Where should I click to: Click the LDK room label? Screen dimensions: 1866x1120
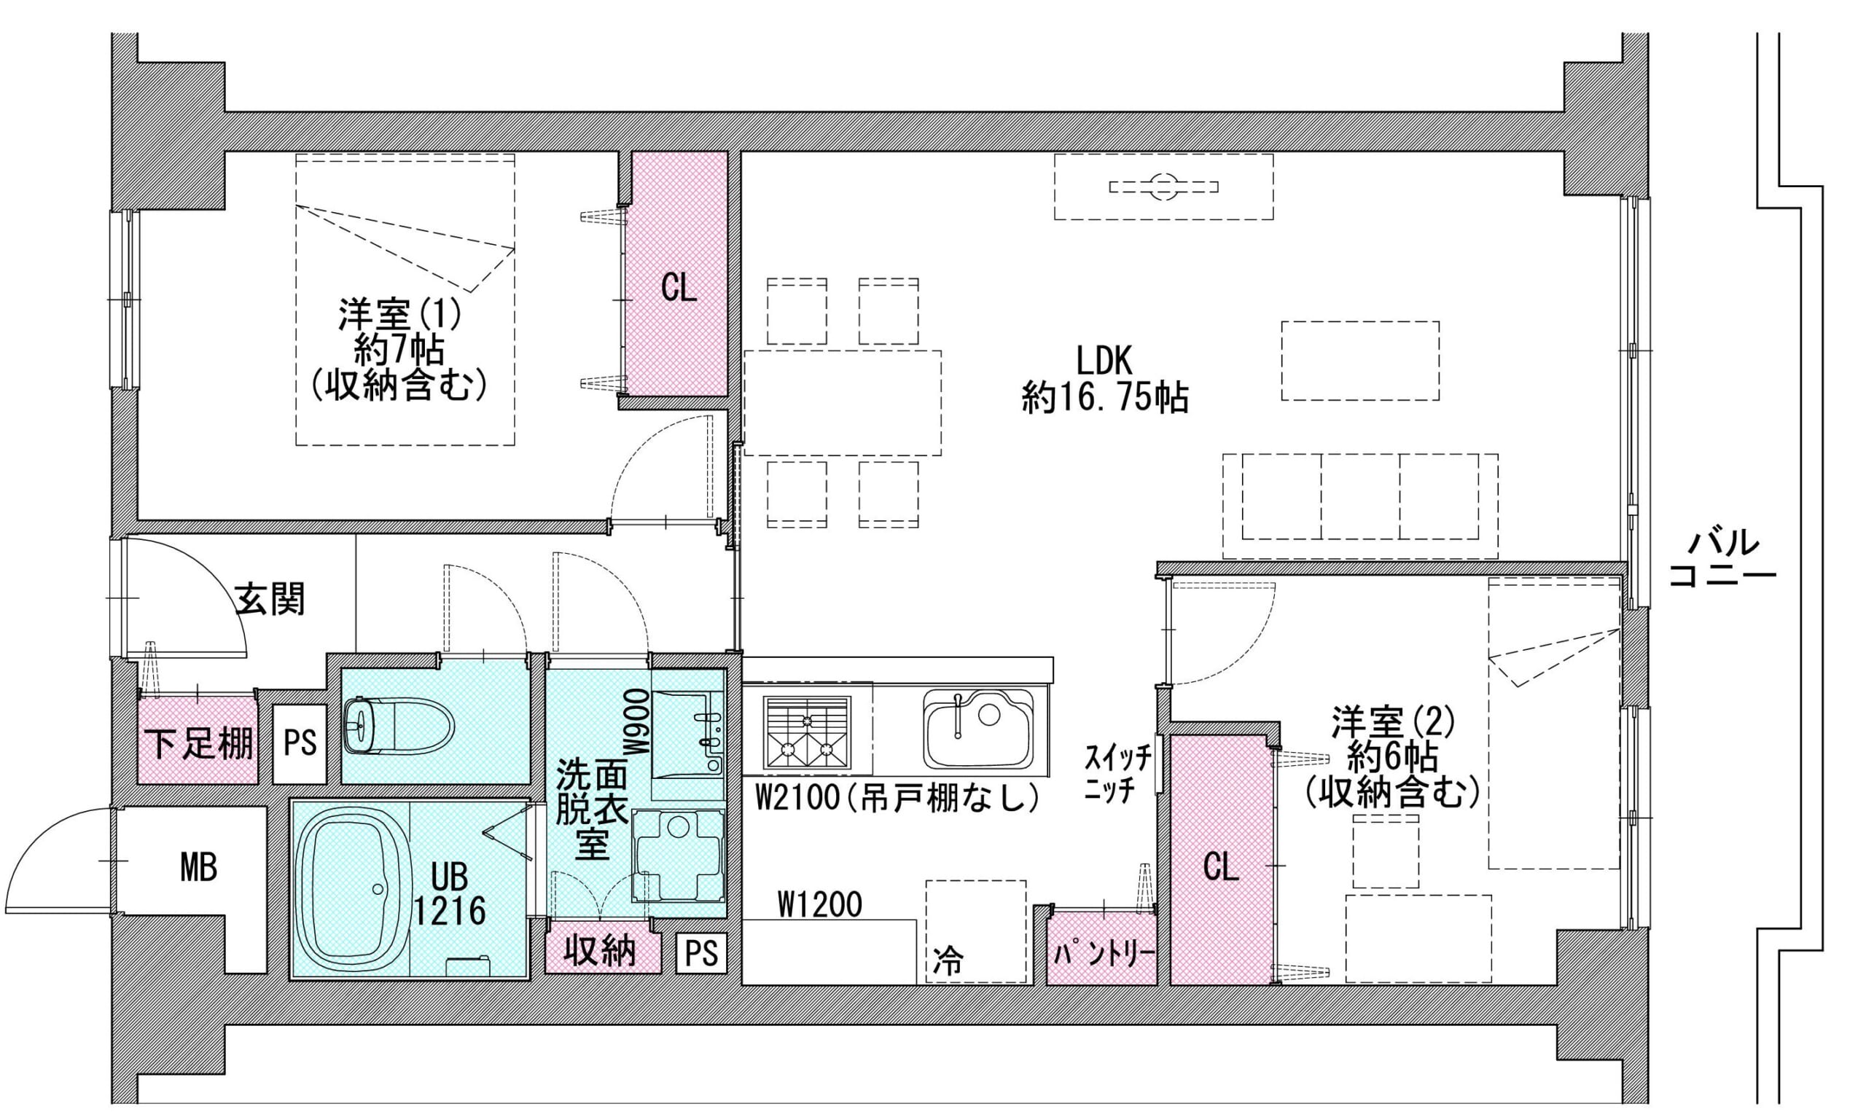tap(1104, 361)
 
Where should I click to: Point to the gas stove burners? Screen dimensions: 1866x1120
tap(807, 732)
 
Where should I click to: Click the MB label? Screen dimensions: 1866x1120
tap(198, 867)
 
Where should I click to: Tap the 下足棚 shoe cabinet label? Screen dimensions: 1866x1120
tap(198, 743)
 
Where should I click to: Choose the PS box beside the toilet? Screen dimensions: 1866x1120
tap(300, 743)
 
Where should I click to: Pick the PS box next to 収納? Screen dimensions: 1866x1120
tap(701, 953)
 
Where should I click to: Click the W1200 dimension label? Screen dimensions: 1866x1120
tap(820, 904)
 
